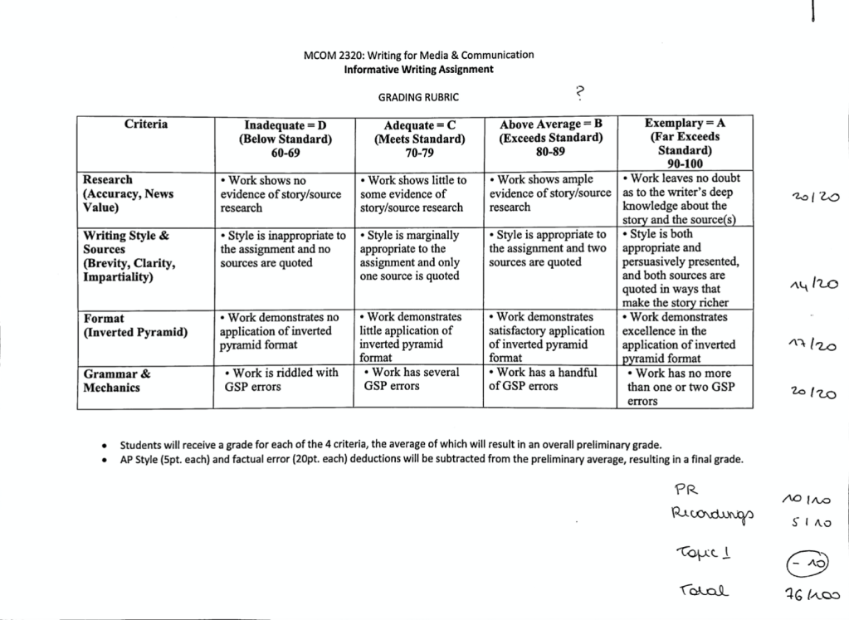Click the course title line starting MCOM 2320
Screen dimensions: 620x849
tap(418, 55)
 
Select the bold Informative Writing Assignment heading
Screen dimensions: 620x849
tap(418, 69)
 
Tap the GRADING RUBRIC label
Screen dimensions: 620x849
tap(418, 97)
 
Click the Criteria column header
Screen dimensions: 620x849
tap(146, 124)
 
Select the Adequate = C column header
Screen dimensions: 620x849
tap(418, 139)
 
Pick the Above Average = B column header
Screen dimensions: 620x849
tap(550, 138)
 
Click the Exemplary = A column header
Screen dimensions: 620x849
tap(685, 144)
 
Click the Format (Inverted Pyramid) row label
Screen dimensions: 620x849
tap(135, 325)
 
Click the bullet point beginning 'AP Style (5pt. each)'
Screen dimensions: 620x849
tap(432, 459)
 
